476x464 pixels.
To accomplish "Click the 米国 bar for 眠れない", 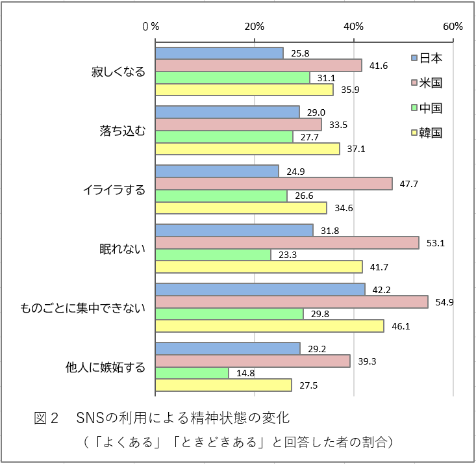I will [286, 242].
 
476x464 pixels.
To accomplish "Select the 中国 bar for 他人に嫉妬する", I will [192, 373].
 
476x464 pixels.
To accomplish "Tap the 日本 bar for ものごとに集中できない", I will [260, 289].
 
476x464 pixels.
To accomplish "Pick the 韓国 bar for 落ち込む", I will [247, 149].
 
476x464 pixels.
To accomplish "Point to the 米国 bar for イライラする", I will [273, 183].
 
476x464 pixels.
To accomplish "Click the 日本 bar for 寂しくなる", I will [219, 53].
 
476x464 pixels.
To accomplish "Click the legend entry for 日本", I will [427, 58].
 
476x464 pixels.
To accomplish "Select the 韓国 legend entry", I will [427, 133].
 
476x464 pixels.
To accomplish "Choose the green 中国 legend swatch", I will [414, 108].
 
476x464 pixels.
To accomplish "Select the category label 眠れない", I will [122, 249].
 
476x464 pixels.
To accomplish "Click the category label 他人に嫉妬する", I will [105, 368].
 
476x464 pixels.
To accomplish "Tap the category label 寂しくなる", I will [118, 72].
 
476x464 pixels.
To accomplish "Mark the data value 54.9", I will [444, 302].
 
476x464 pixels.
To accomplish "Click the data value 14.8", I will [244, 373].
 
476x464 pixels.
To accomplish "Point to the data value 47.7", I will [408, 184].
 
